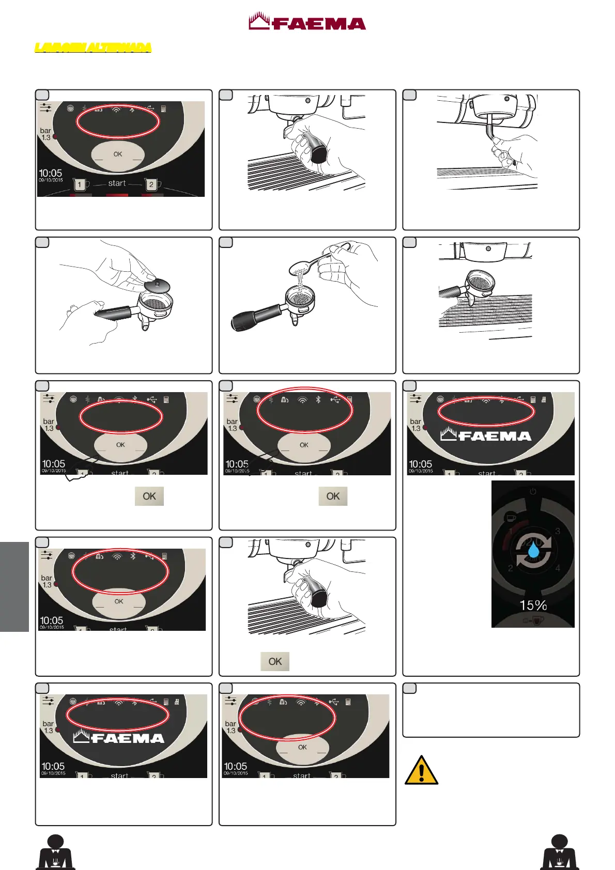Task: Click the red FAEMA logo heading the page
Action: pos(307,22)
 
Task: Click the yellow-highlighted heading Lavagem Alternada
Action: pos(93,48)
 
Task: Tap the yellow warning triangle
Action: pos(421,770)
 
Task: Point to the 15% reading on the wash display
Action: pos(533,605)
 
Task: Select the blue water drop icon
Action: pos(533,552)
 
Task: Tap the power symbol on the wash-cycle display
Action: pos(533,491)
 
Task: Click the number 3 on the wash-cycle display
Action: pos(557,531)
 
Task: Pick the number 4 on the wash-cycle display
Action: pos(557,568)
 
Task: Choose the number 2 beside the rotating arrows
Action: pos(511,568)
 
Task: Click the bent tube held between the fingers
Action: pos(490,127)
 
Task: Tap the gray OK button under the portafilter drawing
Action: pos(274,661)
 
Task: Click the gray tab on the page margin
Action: pos(14,586)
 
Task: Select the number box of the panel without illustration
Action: pos(409,688)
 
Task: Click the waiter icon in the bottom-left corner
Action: pos(55,852)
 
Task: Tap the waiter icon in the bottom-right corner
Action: pos(559,852)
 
